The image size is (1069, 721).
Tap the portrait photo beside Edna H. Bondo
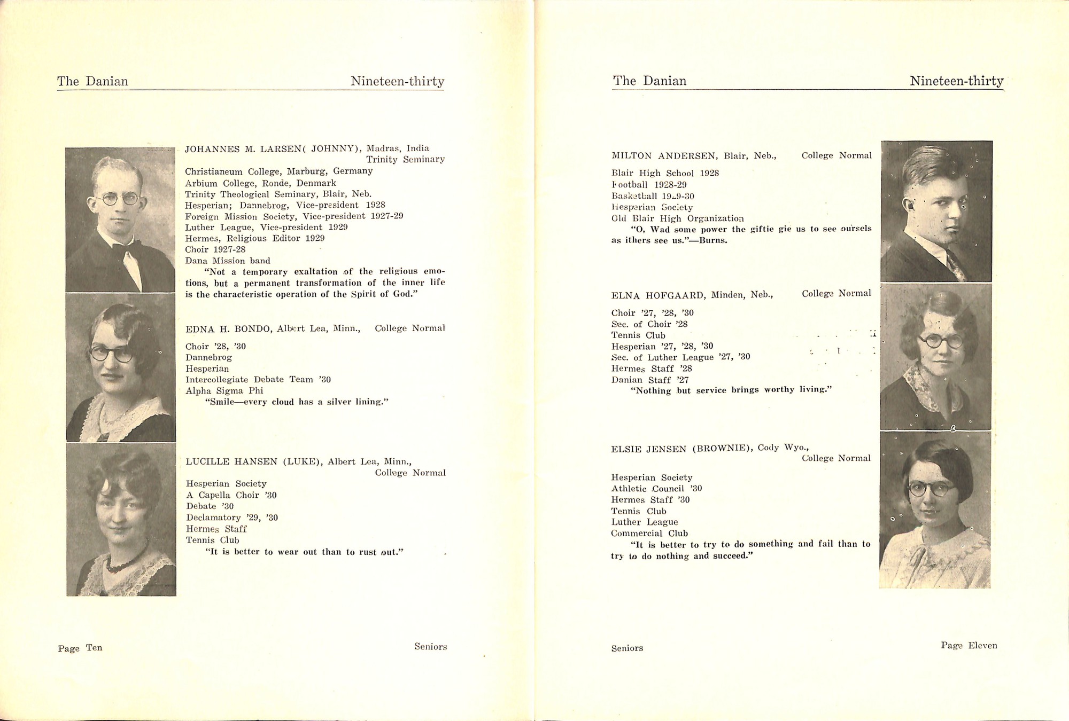tap(120, 367)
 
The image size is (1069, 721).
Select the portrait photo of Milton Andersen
tap(936, 211)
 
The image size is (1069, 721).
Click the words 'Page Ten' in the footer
tap(80, 648)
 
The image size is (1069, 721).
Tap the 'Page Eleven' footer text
tap(969, 646)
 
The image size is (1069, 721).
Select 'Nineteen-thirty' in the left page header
tap(397, 81)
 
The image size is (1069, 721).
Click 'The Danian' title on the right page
tap(649, 81)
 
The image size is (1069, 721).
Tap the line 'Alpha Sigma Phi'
tap(224, 391)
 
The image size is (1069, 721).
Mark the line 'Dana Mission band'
tap(228, 261)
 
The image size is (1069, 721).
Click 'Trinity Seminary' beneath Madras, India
tap(405, 160)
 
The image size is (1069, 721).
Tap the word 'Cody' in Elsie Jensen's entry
tap(768, 448)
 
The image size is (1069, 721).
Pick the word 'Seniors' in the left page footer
tap(430, 647)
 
